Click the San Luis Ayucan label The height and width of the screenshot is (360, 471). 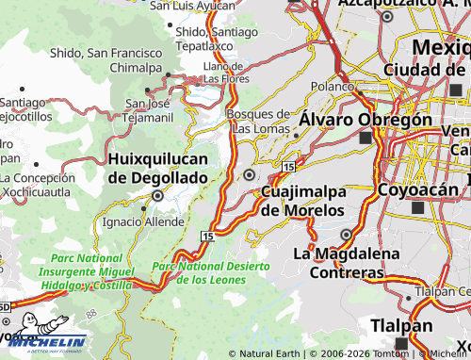(x=191, y=6)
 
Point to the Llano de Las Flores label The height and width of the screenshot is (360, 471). (x=224, y=73)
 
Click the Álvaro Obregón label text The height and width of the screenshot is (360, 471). (x=365, y=120)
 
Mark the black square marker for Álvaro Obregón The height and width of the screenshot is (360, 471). (x=365, y=139)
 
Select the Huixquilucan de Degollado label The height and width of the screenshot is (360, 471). (x=157, y=168)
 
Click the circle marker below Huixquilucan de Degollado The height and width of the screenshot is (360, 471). (x=158, y=196)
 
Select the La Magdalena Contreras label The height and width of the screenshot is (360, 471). (x=339, y=263)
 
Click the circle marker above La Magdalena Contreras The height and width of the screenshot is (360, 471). (x=347, y=235)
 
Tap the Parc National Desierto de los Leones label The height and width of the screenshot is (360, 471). (x=211, y=272)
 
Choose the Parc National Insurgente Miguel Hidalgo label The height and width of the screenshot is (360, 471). (x=87, y=270)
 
